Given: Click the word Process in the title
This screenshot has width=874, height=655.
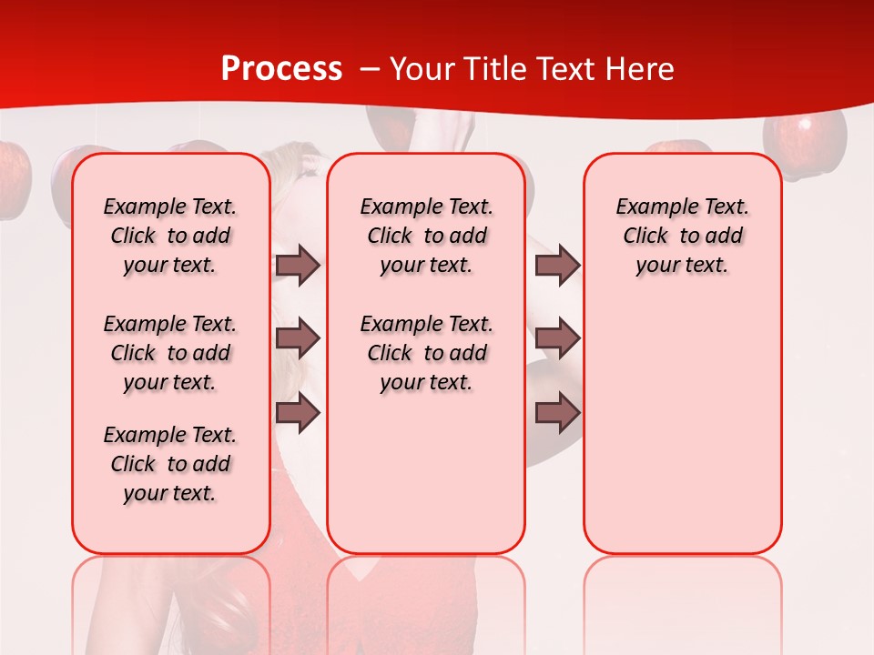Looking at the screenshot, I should point(281,69).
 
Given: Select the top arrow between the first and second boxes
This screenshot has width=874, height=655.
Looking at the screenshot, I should point(298,265).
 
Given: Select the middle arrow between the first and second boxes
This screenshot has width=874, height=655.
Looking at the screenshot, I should point(298,338).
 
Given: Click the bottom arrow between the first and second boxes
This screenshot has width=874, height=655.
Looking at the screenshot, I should point(298,413).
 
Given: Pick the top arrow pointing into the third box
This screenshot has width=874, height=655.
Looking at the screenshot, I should point(557,265).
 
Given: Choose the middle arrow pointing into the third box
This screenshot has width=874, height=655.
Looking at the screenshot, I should point(557,338).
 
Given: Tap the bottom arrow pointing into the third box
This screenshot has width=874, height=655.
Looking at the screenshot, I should point(557,413).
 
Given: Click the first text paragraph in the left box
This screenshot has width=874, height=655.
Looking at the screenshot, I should point(170,236).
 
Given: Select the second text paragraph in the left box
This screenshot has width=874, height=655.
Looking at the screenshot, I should point(170,353).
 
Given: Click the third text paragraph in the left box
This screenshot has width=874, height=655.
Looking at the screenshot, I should point(170,464).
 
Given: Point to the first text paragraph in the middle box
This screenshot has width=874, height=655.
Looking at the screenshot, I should point(426,236).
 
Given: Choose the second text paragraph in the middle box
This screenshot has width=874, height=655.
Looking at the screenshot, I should point(426,353).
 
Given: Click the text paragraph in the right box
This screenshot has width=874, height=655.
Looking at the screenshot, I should point(682,236).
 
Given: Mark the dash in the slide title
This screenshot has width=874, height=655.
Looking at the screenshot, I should point(370,69).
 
